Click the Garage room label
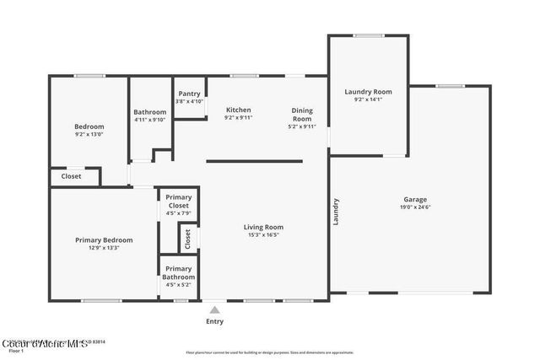tap(414, 199)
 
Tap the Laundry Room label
tap(368, 91)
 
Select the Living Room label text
tap(263, 227)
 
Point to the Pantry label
tap(189, 94)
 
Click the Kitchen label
tap(238, 110)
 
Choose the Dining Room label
tap(302, 114)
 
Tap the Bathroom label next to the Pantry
tap(150, 112)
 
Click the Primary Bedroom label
tap(104, 240)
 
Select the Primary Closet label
tap(178, 201)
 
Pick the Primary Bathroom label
tap(178, 272)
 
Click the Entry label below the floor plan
tap(215, 321)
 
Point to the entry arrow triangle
tap(215, 309)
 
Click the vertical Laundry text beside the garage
tap(336, 212)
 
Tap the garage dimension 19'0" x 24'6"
tap(414, 207)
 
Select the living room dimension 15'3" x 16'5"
tap(263, 235)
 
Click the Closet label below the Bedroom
tap(72, 176)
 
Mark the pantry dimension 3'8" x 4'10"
tap(189, 101)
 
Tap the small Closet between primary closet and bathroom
tap(188, 239)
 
